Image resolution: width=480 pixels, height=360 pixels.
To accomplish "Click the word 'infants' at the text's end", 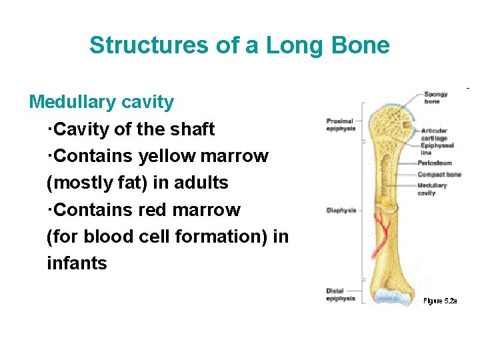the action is pyautogui.click(x=77, y=263).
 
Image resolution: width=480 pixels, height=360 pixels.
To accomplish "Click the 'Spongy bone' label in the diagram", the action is pyautogui.click(x=435, y=98).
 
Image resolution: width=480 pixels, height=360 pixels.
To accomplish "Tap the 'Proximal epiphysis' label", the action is pyautogui.click(x=341, y=125).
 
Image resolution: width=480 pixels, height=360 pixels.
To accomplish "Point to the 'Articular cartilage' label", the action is pyautogui.click(x=434, y=135).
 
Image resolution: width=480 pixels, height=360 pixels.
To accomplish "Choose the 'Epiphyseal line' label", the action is pyautogui.click(x=437, y=149).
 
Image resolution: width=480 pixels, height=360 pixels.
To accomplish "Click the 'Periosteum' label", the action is pyautogui.click(x=435, y=163).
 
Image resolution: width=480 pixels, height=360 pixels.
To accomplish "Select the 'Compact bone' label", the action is pyautogui.click(x=439, y=175).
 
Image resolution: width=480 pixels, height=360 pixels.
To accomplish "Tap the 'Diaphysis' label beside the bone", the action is pyautogui.click(x=341, y=211).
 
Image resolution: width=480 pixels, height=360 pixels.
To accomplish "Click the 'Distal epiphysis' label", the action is pyautogui.click(x=341, y=295).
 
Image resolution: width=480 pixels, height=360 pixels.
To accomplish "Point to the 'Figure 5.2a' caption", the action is pyautogui.click(x=440, y=301).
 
